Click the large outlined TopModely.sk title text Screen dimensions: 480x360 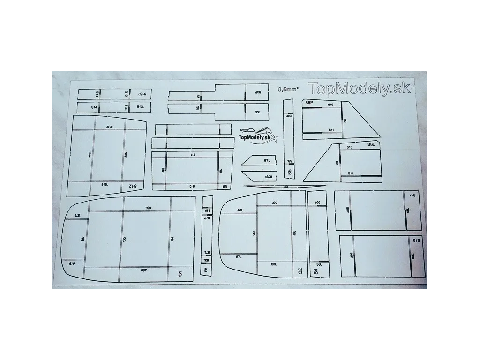(359, 88)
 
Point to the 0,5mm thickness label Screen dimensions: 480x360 (288, 90)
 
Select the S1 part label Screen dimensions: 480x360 (180, 274)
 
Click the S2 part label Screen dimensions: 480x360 (300, 270)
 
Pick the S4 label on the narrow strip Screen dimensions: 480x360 (316, 271)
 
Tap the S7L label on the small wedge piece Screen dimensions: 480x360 (267, 160)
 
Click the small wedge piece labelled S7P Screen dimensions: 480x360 (259, 176)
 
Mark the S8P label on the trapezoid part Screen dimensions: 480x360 (309, 102)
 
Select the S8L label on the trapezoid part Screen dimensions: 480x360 (371, 145)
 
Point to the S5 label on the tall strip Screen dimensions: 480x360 (290, 172)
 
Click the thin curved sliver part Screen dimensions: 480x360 (284, 187)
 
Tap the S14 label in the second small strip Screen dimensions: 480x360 (94, 107)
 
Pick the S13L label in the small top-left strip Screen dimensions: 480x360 (140, 107)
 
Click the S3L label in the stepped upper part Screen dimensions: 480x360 (257, 112)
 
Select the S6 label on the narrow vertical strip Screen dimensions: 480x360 (206, 270)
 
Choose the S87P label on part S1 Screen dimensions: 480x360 (72, 264)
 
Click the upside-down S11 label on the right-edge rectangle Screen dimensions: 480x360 (412, 195)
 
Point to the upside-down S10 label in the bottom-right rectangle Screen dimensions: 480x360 (416, 240)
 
